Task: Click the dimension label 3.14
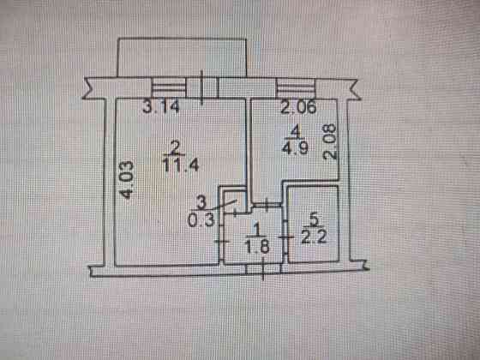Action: coord(161,107)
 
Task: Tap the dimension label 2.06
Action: coord(298,107)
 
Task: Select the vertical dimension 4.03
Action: coord(127,180)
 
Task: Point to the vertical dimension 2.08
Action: coord(330,141)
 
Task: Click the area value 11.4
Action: coord(181,165)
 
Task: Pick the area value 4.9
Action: coord(295,147)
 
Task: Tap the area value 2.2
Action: coord(315,237)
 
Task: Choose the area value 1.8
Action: coord(257,246)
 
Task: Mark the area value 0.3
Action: coord(201,219)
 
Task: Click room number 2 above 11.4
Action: coord(176,148)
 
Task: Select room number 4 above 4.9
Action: coord(295,132)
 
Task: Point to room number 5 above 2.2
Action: coord(315,220)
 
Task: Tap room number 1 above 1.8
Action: coord(257,230)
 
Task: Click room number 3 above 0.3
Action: coord(201,202)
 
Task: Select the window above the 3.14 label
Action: coord(169,87)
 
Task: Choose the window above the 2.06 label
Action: coord(296,88)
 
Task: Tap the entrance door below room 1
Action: coord(263,269)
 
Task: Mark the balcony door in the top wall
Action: coord(202,87)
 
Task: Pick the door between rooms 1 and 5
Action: coord(285,237)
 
